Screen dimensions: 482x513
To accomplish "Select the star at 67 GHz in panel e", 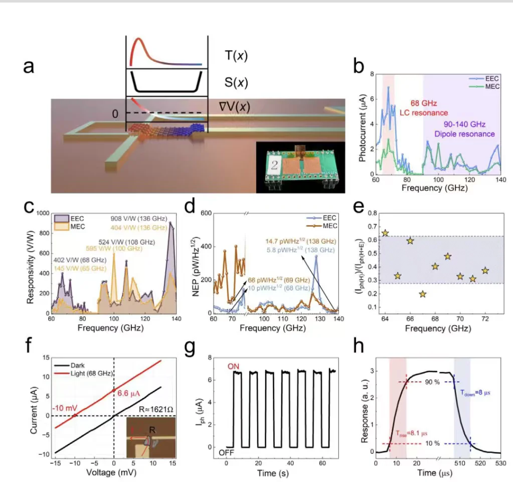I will (x=423, y=294).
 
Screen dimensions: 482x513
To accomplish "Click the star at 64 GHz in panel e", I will (x=385, y=233).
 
